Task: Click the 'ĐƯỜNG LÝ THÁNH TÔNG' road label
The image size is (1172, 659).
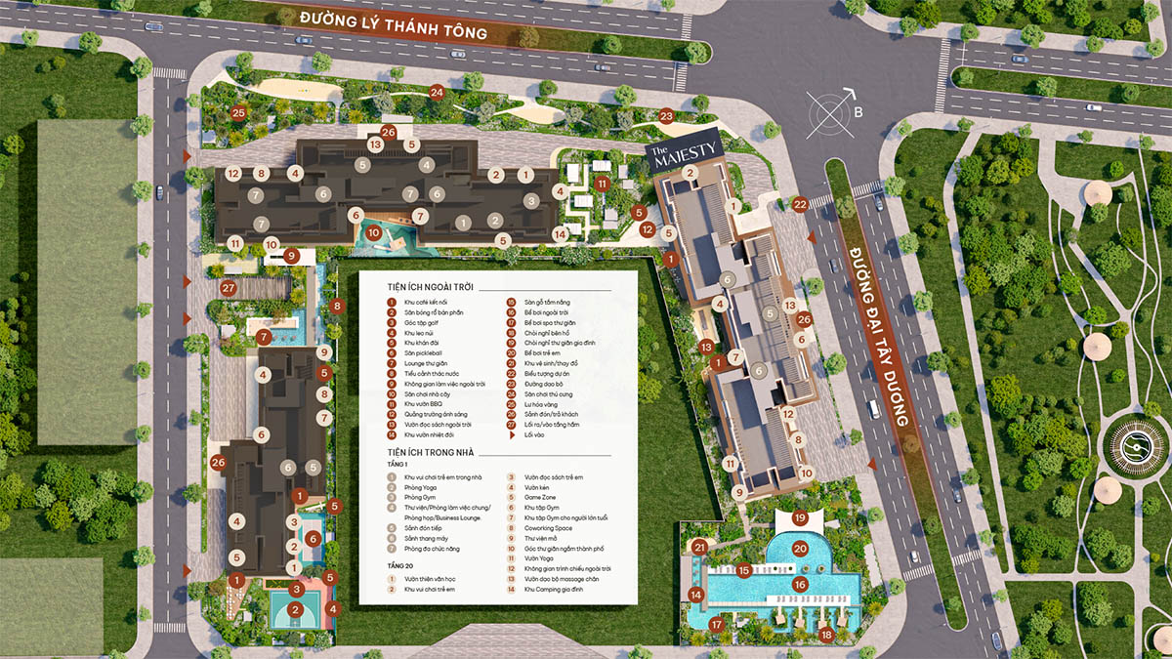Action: (x=393, y=24)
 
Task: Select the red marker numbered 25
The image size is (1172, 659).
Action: (x=238, y=112)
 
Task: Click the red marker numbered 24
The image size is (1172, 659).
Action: (x=437, y=93)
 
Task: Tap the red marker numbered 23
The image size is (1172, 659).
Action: (x=666, y=116)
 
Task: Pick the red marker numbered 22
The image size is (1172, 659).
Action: (x=800, y=204)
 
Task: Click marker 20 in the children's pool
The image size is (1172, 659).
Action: (x=800, y=549)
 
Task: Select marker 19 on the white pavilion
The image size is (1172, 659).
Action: (x=800, y=518)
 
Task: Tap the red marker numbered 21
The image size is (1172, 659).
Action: (x=699, y=548)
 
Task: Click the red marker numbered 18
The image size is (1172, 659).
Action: (x=826, y=635)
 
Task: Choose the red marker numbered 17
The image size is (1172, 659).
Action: (x=716, y=625)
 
